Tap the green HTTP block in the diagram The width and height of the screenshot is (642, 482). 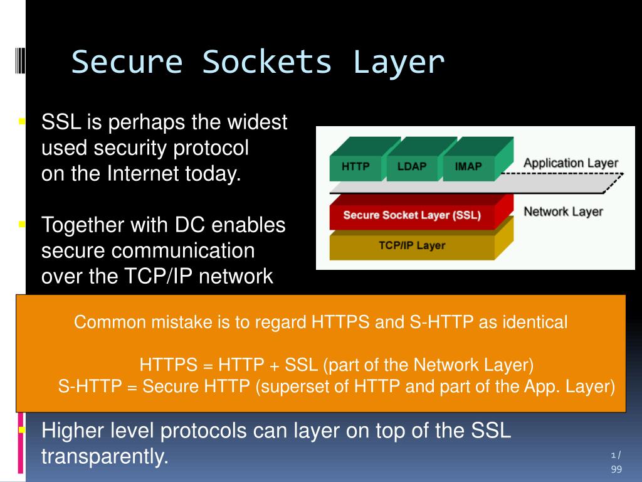pyautogui.click(x=355, y=166)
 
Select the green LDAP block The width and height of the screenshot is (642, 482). pyautogui.click(x=411, y=166)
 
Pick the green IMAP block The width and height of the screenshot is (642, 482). pyautogui.click(x=468, y=166)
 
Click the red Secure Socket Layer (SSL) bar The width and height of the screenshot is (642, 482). pyautogui.click(x=412, y=215)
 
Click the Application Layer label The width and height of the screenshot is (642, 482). pyautogui.click(x=571, y=163)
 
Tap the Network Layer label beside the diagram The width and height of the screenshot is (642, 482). pyautogui.click(x=563, y=212)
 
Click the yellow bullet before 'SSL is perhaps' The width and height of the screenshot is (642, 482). pyautogui.click(x=22, y=120)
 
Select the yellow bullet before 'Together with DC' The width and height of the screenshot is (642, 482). pyautogui.click(x=22, y=223)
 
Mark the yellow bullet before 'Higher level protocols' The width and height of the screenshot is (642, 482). pyautogui.click(x=22, y=431)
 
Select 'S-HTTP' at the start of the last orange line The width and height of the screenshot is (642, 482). pyautogui.click(x=89, y=386)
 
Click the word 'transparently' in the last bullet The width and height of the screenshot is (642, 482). pyautogui.click(x=105, y=457)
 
